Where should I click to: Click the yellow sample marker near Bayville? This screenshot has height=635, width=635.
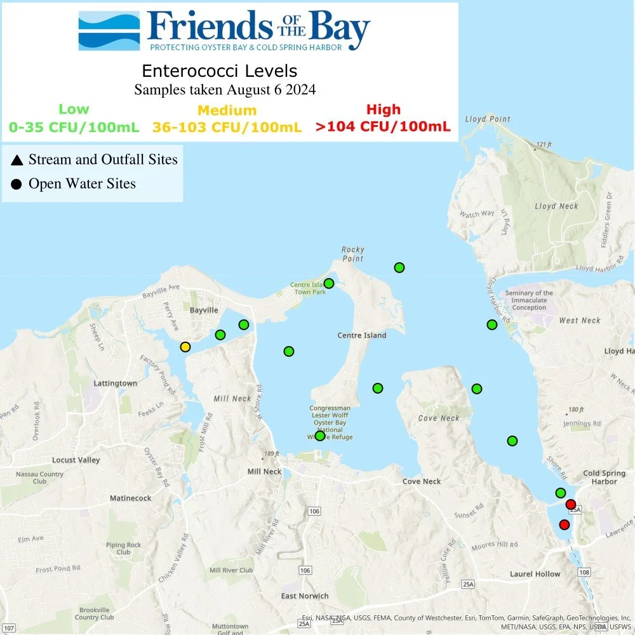[185, 347]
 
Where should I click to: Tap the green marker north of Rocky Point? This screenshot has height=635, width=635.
[399, 267]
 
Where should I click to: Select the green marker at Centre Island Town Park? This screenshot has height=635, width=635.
[329, 283]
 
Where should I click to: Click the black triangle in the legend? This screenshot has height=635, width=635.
[17, 160]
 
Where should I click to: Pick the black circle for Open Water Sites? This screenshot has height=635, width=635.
[17, 184]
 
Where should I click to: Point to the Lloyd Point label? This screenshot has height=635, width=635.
[487, 119]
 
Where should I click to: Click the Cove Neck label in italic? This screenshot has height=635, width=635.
[439, 418]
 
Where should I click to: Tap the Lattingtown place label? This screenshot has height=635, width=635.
[115, 384]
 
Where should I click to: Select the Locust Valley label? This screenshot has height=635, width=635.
[76, 460]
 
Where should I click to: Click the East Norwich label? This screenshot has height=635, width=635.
[305, 596]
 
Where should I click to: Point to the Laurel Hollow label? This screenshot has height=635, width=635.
[535, 574]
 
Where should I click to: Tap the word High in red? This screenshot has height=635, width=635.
[384, 109]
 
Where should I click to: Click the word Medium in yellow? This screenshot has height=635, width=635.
[227, 110]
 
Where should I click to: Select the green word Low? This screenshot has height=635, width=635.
[74, 109]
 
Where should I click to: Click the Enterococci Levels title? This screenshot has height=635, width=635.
[219, 70]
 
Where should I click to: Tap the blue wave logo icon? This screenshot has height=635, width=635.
[109, 30]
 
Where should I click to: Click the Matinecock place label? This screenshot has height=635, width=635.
[130, 498]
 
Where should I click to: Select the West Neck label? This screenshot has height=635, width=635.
[579, 321]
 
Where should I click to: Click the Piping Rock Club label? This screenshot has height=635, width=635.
[124, 549]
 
